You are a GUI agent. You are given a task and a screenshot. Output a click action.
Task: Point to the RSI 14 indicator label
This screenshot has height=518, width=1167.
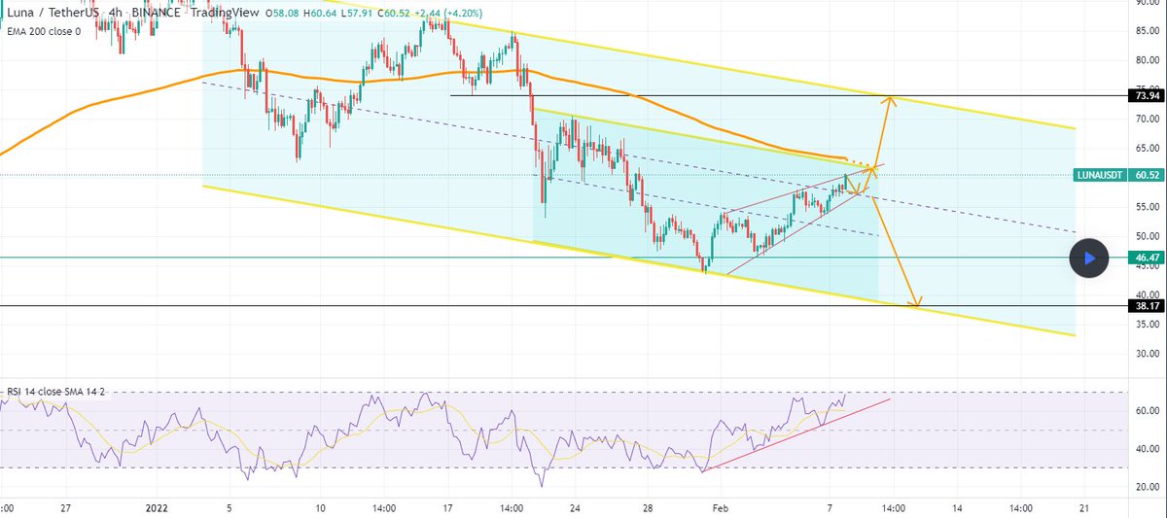pos(53,392)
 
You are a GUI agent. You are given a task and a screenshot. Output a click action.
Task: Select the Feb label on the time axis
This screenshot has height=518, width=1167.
pos(719,507)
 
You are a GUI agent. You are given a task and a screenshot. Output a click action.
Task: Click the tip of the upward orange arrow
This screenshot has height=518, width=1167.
pos(888,96)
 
